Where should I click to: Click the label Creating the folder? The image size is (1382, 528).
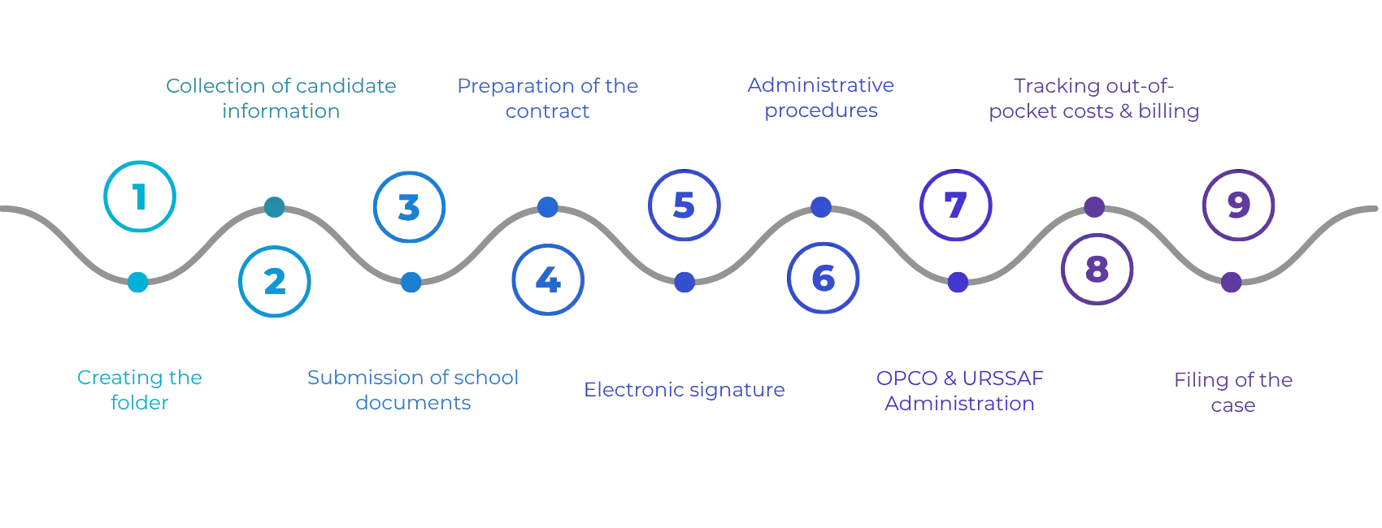point(140,390)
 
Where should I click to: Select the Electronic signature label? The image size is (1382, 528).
point(684,390)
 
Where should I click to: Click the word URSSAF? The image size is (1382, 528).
point(1002,378)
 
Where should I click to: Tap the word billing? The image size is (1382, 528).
point(1168,111)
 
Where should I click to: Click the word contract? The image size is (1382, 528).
point(547,111)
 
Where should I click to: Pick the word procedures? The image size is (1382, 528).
point(820,111)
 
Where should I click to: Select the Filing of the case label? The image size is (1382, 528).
point(1232,392)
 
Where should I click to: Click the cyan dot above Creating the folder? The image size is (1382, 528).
point(137,282)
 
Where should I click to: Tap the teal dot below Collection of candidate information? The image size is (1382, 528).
point(275,206)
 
